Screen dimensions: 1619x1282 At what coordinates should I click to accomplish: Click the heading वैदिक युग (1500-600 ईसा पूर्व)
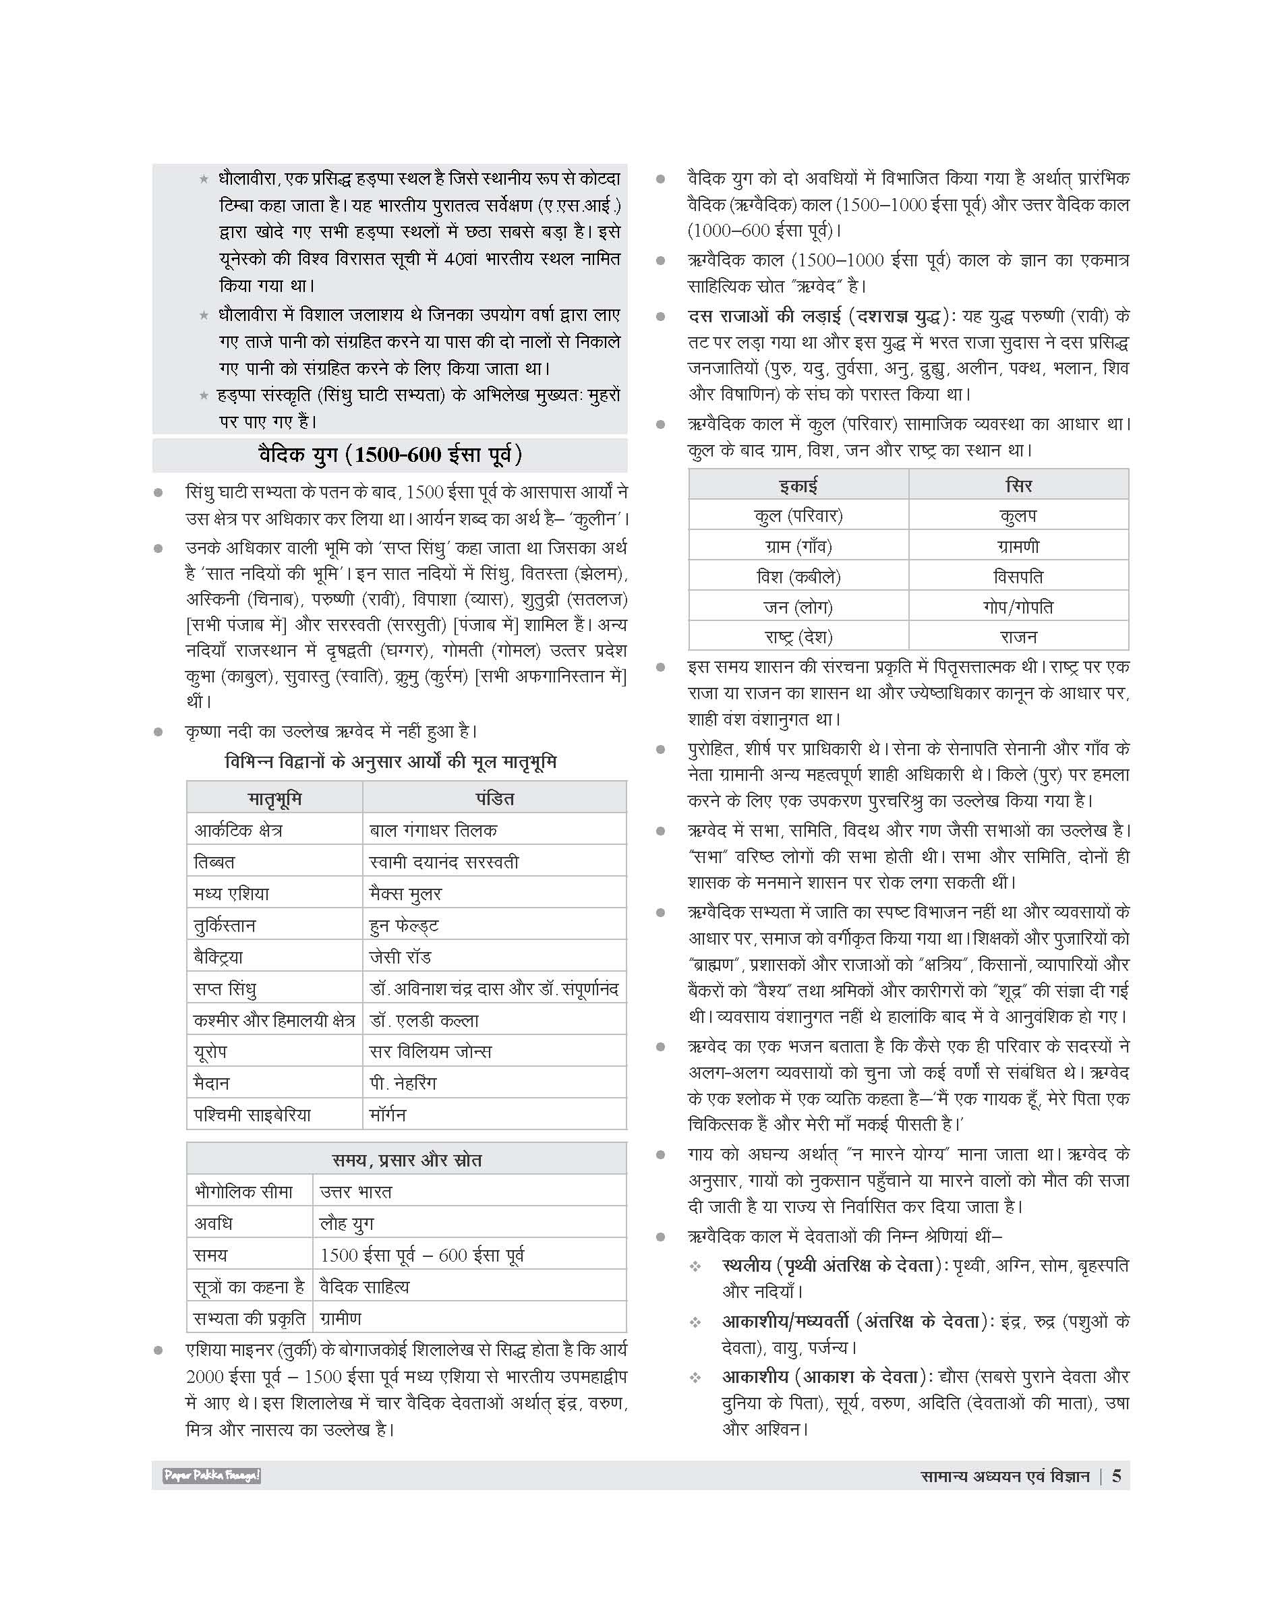(390, 456)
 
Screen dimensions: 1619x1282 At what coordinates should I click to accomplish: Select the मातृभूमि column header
(274, 798)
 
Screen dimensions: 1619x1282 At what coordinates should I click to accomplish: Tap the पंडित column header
(494, 798)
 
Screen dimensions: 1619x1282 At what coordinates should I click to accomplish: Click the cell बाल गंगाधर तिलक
(433, 830)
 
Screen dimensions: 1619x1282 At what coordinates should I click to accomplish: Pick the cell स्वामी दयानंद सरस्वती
(444, 862)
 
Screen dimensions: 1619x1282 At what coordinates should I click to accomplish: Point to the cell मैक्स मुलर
(405, 893)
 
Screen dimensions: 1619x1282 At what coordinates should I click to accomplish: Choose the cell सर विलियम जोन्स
(431, 1051)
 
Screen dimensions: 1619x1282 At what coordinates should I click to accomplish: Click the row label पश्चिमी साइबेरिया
(252, 1115)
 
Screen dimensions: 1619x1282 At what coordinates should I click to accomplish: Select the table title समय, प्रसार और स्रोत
(407, 1160)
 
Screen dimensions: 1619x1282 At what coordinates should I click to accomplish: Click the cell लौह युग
(347, 1223)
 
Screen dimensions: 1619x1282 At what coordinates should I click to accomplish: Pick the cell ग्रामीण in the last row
(341, 1318)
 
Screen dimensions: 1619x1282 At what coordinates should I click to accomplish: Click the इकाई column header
(798, 485)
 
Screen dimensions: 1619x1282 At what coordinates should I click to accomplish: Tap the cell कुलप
(1018, 516)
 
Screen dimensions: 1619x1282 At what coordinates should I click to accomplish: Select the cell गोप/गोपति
(1018, 606)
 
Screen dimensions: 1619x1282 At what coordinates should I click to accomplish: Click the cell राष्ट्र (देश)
(798, 637)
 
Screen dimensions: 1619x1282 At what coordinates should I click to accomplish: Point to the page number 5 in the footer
(1116, 1475)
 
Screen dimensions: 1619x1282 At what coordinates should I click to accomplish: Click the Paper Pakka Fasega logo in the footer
(212, 1475)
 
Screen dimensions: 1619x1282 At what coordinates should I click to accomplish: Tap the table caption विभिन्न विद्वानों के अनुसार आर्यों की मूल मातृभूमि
(391, 763)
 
